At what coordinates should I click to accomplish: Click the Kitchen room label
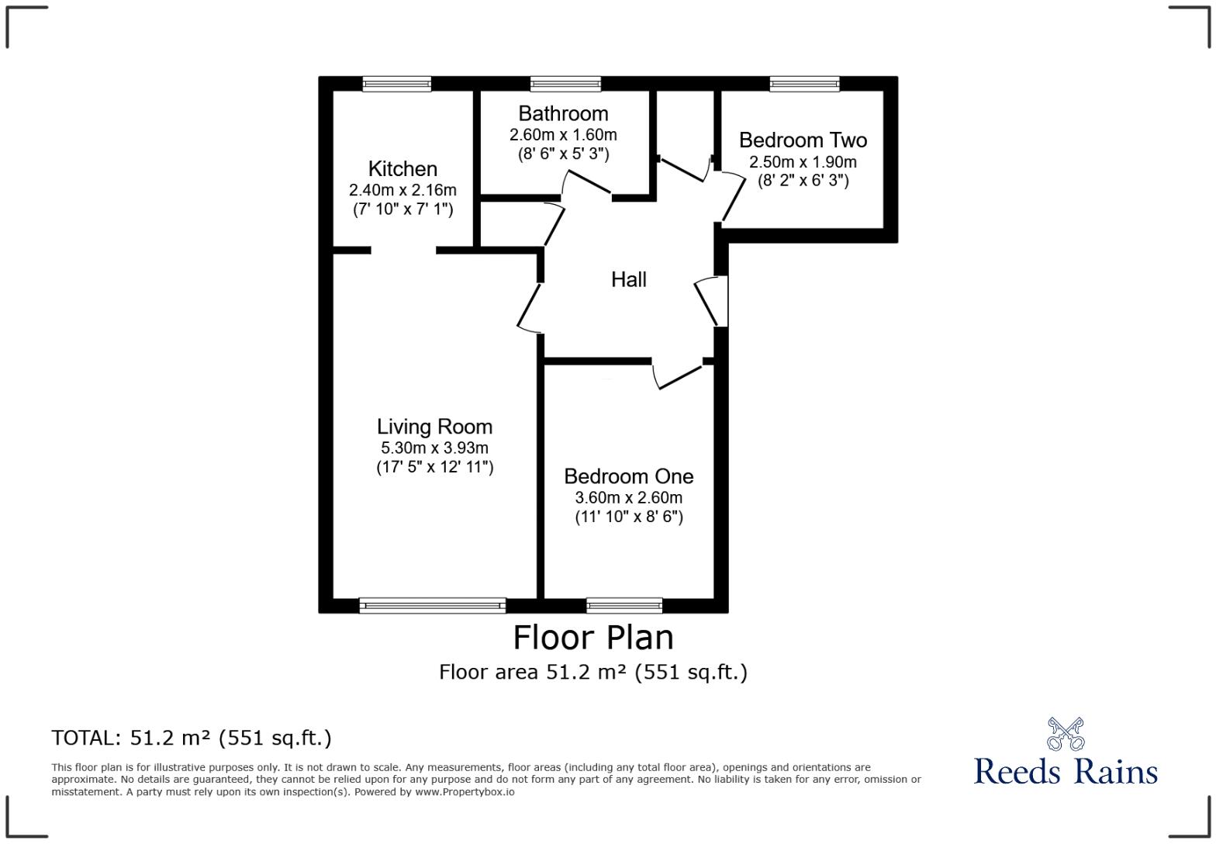coord(402,169)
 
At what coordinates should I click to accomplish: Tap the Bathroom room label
coord(563,114)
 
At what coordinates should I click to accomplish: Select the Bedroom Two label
coord(803,140)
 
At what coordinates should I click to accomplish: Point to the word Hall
coord(628,280)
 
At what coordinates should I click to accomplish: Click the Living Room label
coord(434,427)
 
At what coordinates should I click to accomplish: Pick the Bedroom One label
coord(628,476)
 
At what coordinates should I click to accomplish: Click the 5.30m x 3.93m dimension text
coord(434,448)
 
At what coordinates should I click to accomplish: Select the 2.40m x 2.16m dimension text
coord(402,190)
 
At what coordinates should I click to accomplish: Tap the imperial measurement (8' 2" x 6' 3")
coord(803,181)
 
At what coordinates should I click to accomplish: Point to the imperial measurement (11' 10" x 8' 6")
coord(628,517)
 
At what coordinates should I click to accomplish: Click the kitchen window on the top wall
coord(396,84)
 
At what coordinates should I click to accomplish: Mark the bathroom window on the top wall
coord(565,84)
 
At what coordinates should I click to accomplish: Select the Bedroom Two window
coord(804,84)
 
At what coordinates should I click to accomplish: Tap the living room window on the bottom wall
coord(432,605)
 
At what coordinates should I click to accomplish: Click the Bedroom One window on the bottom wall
coord(624,605)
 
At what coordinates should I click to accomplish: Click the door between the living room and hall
coord(530,307)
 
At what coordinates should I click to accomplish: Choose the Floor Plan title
coord(593,638)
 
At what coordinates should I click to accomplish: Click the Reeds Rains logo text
coord(1065,771)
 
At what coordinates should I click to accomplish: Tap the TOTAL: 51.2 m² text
coord(192,738)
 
